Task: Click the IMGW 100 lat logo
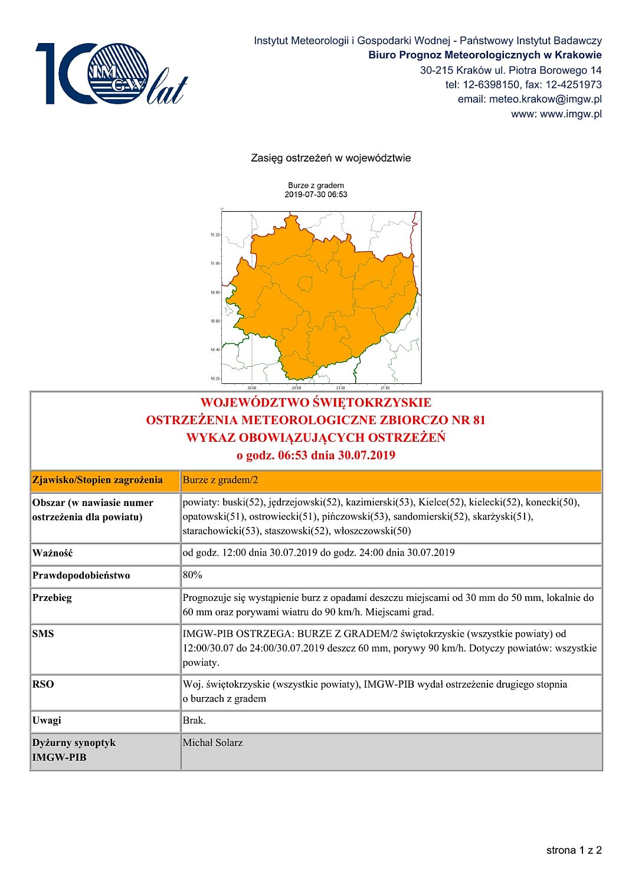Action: [111, 74]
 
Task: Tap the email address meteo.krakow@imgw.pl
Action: [545, 99]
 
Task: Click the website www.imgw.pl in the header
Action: [571, 114]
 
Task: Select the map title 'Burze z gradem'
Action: [316, 185]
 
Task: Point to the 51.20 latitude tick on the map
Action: [215, 235]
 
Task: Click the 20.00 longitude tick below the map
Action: [252, 387]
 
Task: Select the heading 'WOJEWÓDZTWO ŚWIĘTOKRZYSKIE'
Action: [316, 403]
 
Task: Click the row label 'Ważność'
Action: [53, 553]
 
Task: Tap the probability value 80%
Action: [192, 575]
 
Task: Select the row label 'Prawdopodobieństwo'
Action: [81, 576]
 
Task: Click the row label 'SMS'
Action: [43, 634]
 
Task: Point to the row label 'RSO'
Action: [43, 684]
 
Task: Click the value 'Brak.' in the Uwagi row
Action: [194, 721]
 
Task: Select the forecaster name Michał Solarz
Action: [212, 743]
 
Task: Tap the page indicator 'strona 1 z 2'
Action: [574, 850]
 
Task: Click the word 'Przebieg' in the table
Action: [52, 598]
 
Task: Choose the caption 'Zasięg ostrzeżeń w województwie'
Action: [330, 158]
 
